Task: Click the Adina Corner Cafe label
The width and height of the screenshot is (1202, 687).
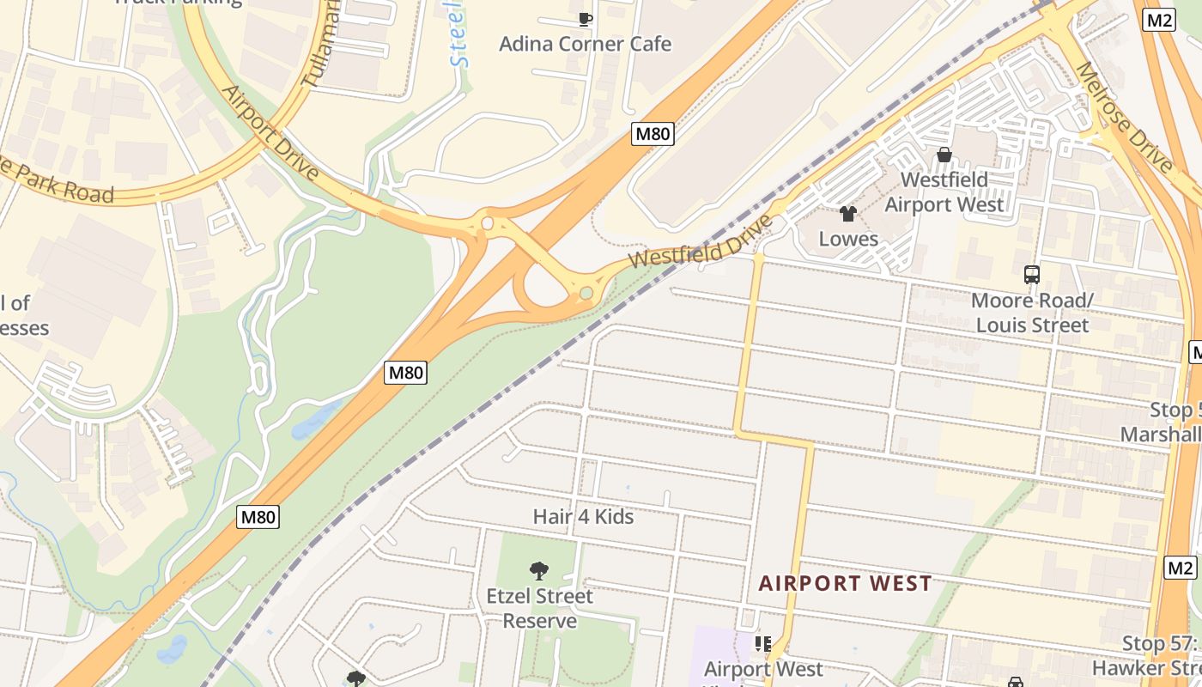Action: click(x=585, y=44)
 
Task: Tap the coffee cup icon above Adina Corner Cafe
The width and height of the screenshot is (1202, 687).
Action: click(x=586, y=18)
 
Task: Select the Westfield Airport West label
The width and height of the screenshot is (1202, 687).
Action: click(x=944, y=192)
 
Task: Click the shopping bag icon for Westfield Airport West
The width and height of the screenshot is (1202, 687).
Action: click(x=944, y=155)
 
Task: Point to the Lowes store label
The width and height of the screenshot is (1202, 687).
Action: click(x=848, y=239)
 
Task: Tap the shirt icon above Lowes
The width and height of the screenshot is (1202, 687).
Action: click(x=848, y=214)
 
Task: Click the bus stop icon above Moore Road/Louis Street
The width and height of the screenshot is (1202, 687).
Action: click(x=1032, y=275)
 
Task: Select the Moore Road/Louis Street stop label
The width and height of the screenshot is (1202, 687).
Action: click(x=1032, y=313)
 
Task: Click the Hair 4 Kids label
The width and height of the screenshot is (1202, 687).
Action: click(x=583, y=516)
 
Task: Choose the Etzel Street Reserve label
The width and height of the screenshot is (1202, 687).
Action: click(x=539, y=608)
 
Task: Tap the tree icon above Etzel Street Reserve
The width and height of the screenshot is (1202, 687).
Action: click(x=539, y=570)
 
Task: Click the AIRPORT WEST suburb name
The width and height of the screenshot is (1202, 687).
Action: click(x=845, y=584)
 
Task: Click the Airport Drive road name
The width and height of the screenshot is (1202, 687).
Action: click(x=270, y=132)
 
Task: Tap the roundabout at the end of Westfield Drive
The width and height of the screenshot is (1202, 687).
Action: click(x=586, y=294)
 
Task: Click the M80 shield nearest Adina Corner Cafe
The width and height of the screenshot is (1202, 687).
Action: click(x=653, y=133)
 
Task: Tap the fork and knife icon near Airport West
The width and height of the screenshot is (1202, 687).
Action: click(x=762, y=643)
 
